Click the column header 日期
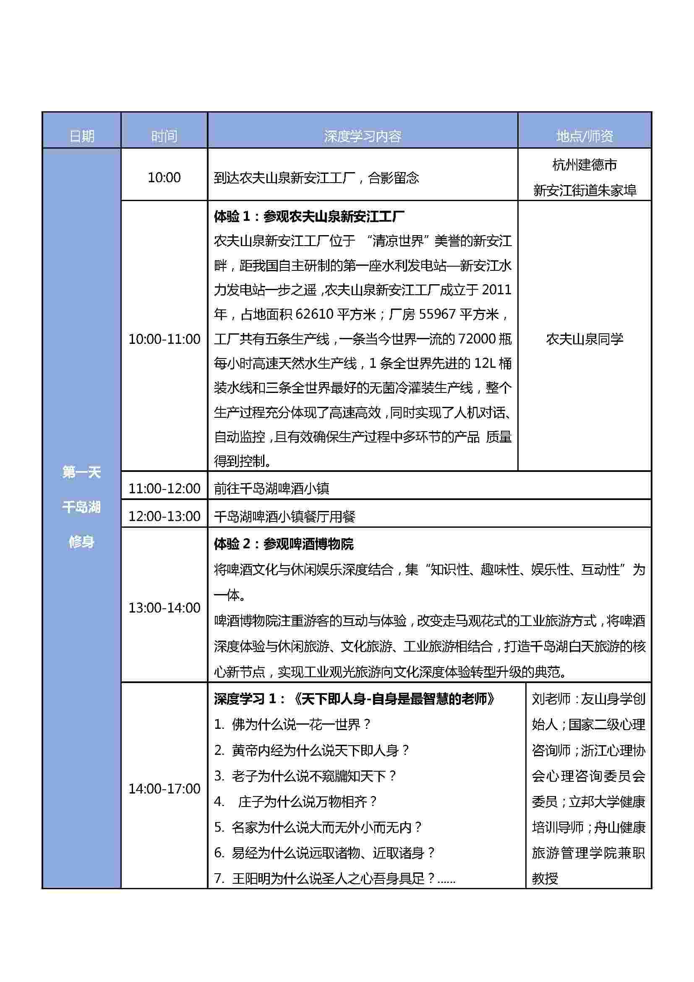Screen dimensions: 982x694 pyautogui.click(x=82, y=136)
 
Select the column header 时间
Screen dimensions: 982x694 pyautogui.click(x=164, y=136)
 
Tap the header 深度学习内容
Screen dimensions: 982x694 pyautogui.click(x=363, y=136)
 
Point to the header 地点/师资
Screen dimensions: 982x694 pyautogui.click(x=584, y=136)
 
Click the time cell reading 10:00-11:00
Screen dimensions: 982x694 pyautogui.click(x=164, y=339)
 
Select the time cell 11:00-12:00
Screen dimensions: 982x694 pyautogui.click(x=164, y=488)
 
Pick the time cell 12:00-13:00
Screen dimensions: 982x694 pyautogui.click(x=164, y=516)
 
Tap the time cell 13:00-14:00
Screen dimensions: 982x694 pyautogui.click(x=164, y=608)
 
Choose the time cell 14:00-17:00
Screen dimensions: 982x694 pyautogui.click(x=164, y=789)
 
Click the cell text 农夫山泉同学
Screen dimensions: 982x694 pyautogui.click(x=584, y=339)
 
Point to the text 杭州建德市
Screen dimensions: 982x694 pyautogui.click(x=584, y=165)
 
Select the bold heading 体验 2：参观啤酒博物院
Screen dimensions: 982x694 pyautogui.click(x=284, y=544)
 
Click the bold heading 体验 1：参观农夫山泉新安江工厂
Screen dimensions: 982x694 pyautogui.click(x=309, y=216)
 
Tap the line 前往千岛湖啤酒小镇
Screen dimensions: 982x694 pyautogui.click(x=272, y=488)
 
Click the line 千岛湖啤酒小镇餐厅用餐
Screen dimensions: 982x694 pyautogui.click(x=284, y=517)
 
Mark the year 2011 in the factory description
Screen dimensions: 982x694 pyautogui.click(x=496, y=290)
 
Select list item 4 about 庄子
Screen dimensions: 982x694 pyautogui.click(x=296, y=801)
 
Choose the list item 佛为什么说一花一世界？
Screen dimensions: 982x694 pyautogui.click(x=293, y=725)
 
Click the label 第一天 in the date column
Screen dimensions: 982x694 pyautogui.click(x=81, y=472)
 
